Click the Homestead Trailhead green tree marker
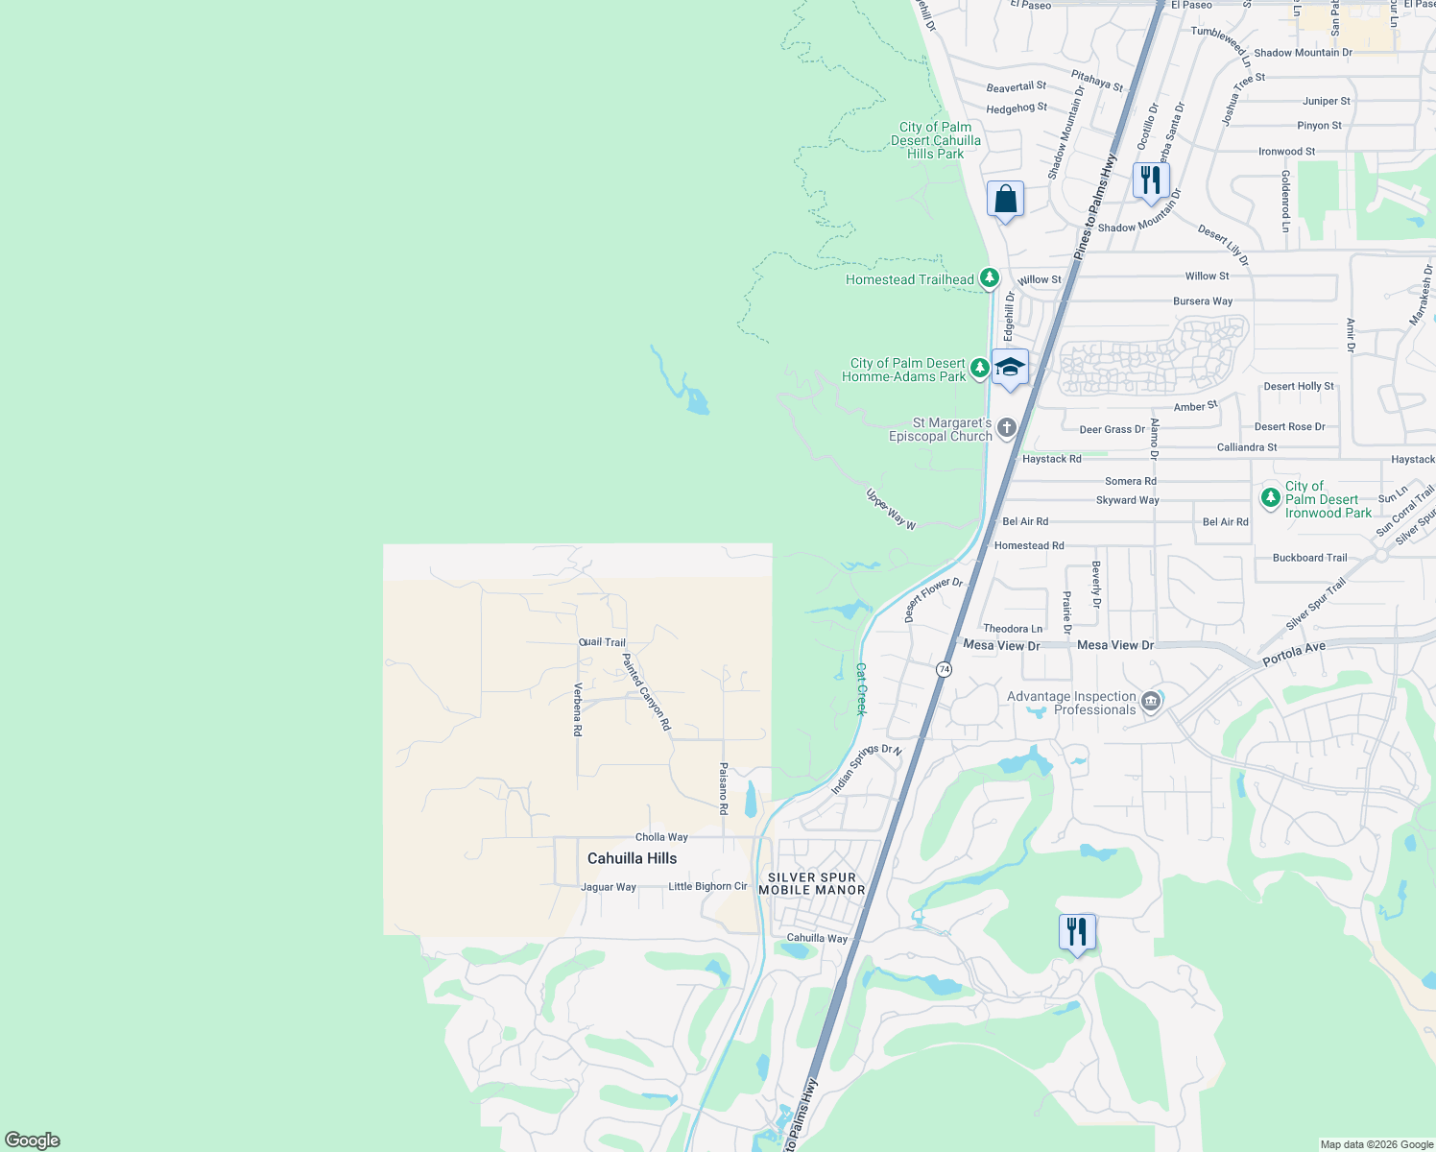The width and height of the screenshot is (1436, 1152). [989, 278]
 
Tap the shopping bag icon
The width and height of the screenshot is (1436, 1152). [1005, 200]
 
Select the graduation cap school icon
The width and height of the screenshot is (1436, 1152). [1010, 369]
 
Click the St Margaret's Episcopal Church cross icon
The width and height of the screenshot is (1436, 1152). [1006, 428]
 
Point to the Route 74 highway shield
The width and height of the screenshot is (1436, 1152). [945, 669]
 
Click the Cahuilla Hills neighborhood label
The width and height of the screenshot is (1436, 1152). [632, 858]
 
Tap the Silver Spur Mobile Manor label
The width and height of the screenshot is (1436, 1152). [812, 884]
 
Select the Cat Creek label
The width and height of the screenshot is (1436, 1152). [861, 688]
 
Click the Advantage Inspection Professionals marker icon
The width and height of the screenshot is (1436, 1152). [1151, 703]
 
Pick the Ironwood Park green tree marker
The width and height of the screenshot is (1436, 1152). [1271, 497]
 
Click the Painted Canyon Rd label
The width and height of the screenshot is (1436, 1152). [646, 692]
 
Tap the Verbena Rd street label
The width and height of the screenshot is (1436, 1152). [578, 709]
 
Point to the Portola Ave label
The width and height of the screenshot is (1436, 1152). [1294, 655]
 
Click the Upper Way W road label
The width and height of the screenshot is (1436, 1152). [891, 510]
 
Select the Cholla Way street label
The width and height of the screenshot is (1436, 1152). [661, 837]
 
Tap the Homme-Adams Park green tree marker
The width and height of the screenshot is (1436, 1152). [979, 368]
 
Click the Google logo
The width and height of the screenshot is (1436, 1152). [33, 1140]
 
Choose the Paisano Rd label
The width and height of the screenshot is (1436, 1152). [724, 788]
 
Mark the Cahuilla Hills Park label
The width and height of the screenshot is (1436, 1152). [935, 140]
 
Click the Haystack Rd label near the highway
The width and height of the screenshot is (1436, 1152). [1051, 459]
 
